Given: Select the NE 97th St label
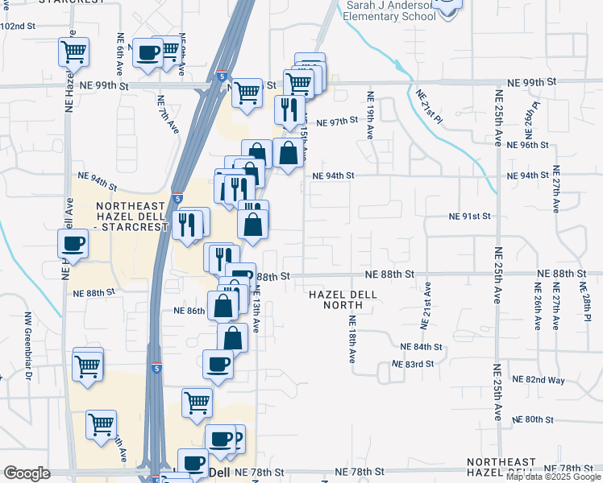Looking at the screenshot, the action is pos(337,122).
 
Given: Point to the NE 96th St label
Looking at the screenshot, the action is pos(529,145).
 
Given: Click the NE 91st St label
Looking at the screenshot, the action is pos(470,217).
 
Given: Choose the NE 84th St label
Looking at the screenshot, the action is pos(422,347).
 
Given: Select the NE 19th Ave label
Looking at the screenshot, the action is pos(372,117).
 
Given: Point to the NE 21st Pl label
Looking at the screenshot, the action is pos(430,106).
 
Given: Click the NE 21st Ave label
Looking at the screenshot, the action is pos(423,306).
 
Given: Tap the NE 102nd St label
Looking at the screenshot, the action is pos(19,27).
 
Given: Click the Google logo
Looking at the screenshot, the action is pos(27,473).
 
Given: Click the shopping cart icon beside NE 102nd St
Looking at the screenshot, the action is pos(73,52).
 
